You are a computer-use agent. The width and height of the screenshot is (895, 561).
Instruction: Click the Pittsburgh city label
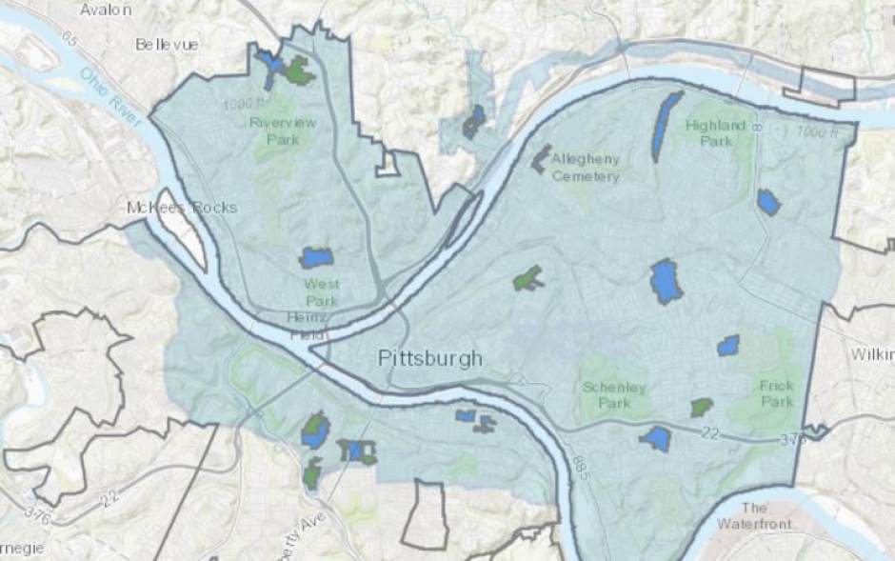pos(430,359)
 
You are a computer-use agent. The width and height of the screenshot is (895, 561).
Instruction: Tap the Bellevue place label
pos(167,44)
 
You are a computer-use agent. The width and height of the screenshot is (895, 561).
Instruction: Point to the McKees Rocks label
pos(182,208)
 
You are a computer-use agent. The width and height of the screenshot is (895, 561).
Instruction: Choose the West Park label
pos(322,292)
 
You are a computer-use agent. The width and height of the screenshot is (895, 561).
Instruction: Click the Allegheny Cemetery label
pos(585,167)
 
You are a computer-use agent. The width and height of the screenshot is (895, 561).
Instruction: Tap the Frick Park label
pos(776,393)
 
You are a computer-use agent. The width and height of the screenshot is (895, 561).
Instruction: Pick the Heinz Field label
pos(309,324)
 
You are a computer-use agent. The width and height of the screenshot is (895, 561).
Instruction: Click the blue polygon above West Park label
pos(317,258)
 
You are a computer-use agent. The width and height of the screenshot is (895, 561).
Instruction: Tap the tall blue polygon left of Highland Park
pos(666,125)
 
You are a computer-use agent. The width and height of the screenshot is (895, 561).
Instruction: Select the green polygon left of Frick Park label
pos(702,408)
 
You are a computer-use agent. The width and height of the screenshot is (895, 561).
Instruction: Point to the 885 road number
pos(583,466)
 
